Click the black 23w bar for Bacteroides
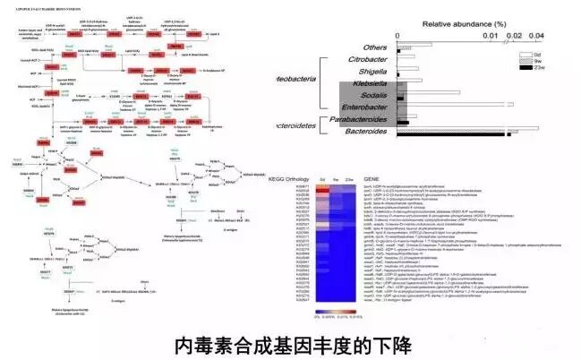click(x=511, y=136)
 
